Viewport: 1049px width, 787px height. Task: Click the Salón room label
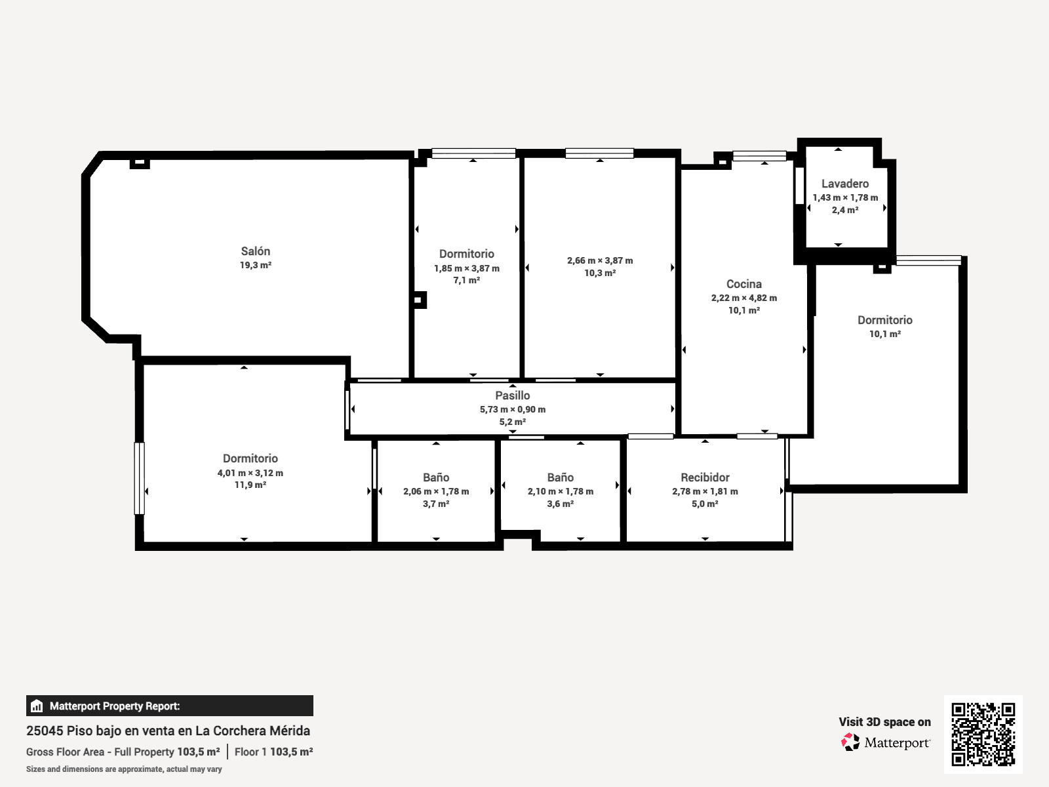[255, 251]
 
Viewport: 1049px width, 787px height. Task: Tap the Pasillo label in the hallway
[512, 395]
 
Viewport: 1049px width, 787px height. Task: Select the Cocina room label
[744, 285]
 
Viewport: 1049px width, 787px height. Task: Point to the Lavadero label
[845, 184]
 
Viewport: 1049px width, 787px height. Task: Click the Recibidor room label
[705, 477]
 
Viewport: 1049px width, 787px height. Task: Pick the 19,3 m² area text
[256, 265]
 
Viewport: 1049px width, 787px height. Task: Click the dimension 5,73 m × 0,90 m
[512, 409]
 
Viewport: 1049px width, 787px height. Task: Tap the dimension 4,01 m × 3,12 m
[250, 473]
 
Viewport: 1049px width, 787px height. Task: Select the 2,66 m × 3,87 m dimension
[600, 260]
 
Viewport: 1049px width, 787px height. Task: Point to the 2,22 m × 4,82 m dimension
[744, 298]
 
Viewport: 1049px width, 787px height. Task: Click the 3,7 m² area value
[436, 504]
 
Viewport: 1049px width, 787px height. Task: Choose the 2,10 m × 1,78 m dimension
[561, 491]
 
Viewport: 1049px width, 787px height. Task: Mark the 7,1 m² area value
[466, 281]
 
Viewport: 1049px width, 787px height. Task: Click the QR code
[983, 735]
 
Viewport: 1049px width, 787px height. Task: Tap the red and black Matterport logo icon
[850, 742]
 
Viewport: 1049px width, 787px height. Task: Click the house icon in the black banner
[37, 706]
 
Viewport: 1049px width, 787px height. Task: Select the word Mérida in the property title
[290, 731]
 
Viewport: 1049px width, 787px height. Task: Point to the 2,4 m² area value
[845, 211]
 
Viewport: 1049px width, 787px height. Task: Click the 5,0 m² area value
[705, 504]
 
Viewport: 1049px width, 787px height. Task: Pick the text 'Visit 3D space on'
[884, 722]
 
